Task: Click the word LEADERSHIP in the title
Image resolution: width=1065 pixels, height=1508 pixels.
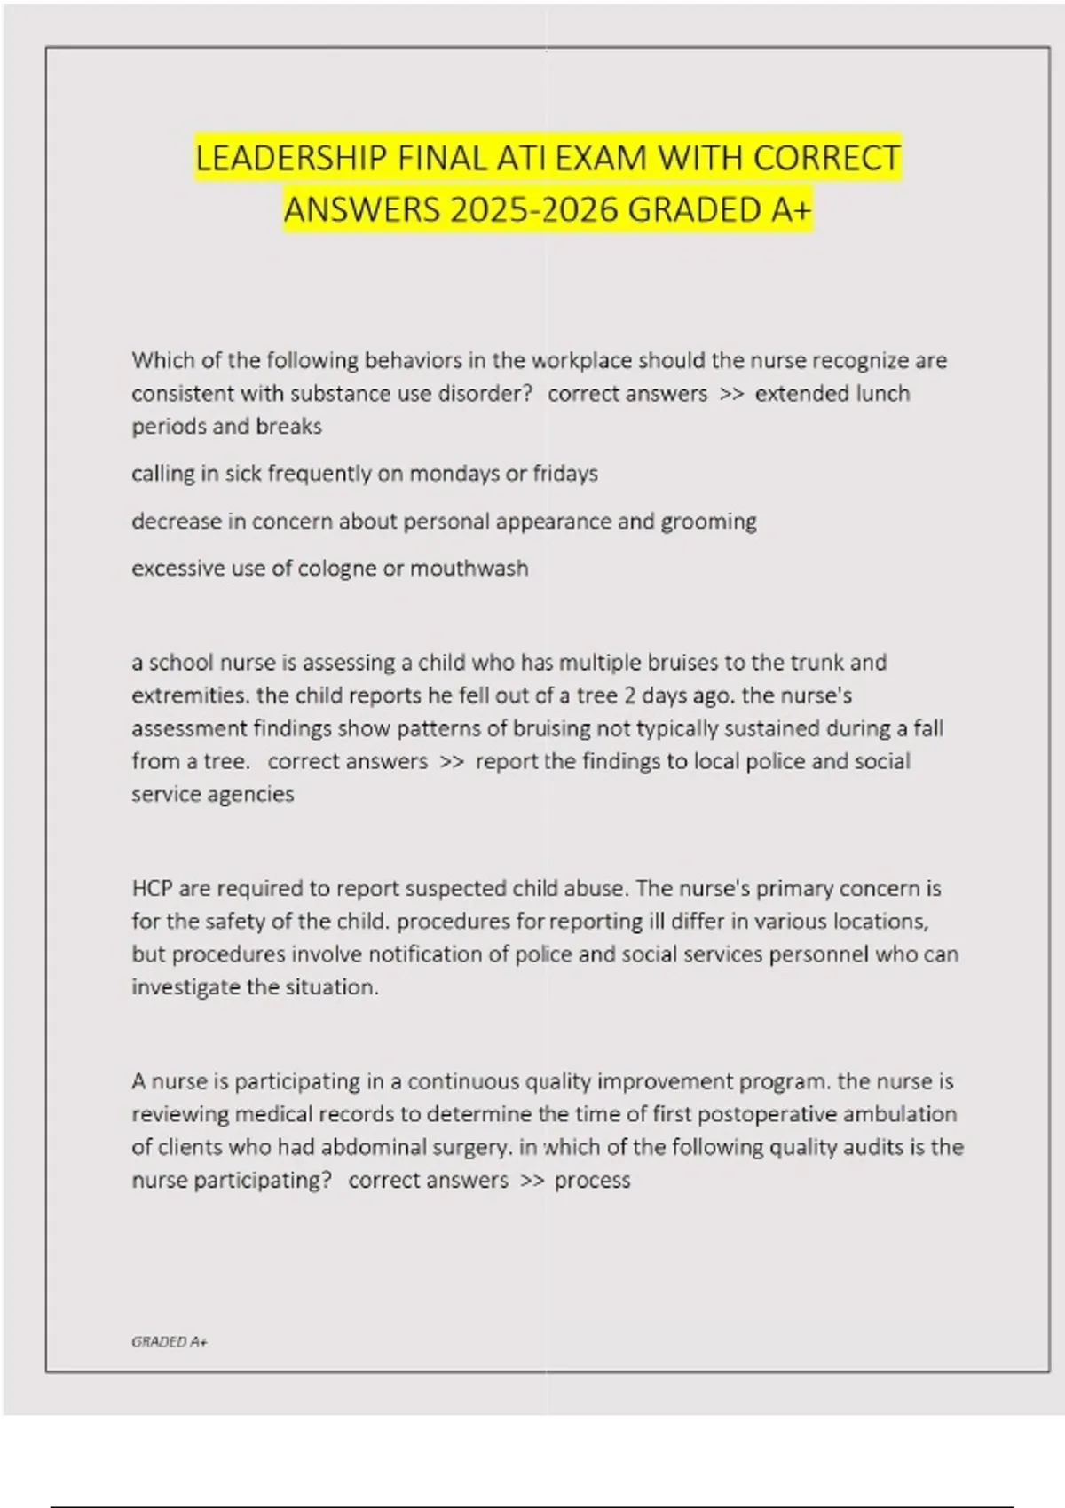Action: point(291,158)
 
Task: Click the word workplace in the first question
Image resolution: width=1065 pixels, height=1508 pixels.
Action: point(581,360)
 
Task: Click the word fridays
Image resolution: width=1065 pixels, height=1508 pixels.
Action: point(564,473)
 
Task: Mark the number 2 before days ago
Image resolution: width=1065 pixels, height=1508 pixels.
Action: point(629,695)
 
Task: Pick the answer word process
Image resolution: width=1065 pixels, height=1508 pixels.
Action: point(592,1181)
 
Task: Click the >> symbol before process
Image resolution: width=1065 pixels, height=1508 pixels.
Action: point(532,1181)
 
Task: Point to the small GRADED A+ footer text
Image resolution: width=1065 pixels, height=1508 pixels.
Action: point(169,1342)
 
